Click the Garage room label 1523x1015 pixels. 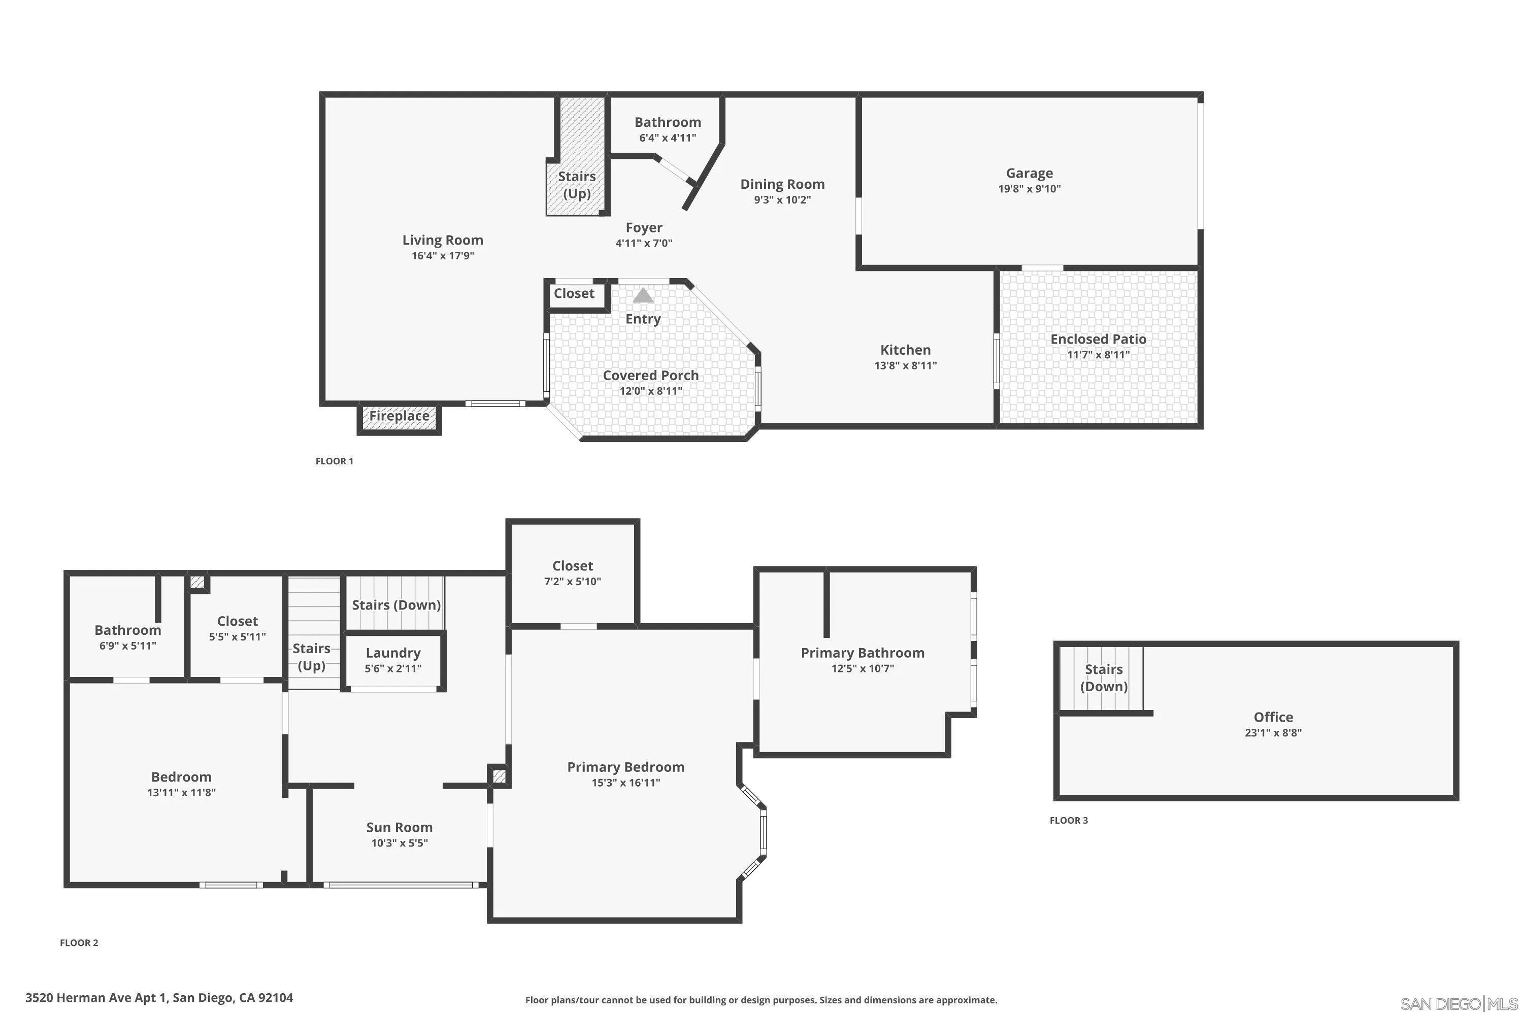pyautogui.click(x=1029, y=173)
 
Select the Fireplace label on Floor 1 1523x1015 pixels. pyautogui.click(x=399, y=416)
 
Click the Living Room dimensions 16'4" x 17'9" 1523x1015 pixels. pyautogui.click(x=442, y=256)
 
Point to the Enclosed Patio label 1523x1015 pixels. pyautogui.click(x=1098, y=339)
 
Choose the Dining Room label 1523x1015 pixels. pyautogui.click(x=782, y=184)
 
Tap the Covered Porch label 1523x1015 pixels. pyautogui.click(x=650, y=376)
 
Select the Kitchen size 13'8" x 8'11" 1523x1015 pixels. pyautogui.click(x=905, y=365)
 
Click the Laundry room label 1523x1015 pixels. pyautogui.click(x=392, y=653)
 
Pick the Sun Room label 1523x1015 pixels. pyautogui.click(x=399, y=827)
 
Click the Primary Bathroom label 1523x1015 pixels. pyautogui.click(x=862, y=653)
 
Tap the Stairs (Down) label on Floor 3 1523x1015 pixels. pyautogui.click(x=1103, y=678)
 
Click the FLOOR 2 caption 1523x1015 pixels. pyautogui.click(x=79, y=942)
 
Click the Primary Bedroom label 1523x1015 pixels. pyautogui.click(x=625, y=766)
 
